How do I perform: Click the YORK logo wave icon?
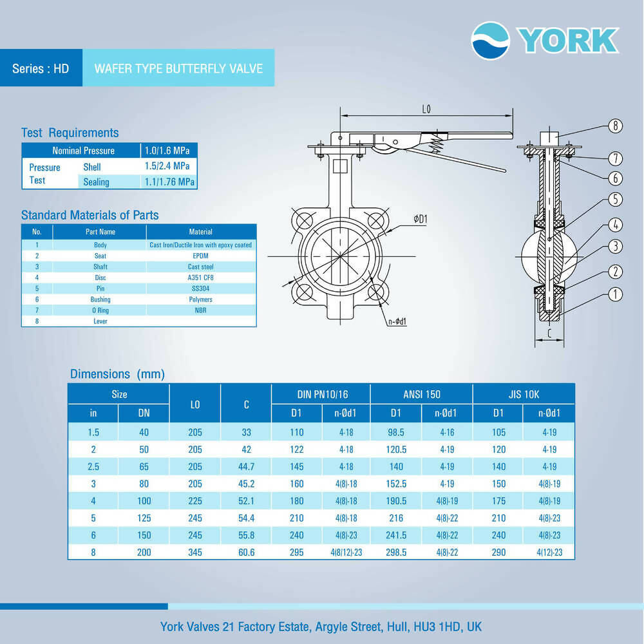click(x=490, y=41)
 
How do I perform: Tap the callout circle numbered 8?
click(x=615, y=126)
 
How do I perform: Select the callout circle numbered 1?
click(x=615, y=294)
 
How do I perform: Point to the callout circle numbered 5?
click(x=615, y=200)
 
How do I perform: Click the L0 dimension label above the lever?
click(x=426, y=110)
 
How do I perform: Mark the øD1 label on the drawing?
click(x=421, y=220)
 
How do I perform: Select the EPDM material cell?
click(x=201, y=256)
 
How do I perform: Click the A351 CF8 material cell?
click(x=201, y=278)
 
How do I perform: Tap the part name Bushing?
click(x=100, y=299)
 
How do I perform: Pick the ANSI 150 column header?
click(x=422, y=394)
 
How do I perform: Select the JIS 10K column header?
click(x=523, y=394)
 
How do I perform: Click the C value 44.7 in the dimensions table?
click(x=246, y=467)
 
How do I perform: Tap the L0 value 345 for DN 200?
click(x=195, y=552)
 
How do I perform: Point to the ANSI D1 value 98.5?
click(x=396, y=432)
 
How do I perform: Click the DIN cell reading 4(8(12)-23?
click(x=347, y=552)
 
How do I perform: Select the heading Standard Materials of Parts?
click(x=90, y=215)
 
